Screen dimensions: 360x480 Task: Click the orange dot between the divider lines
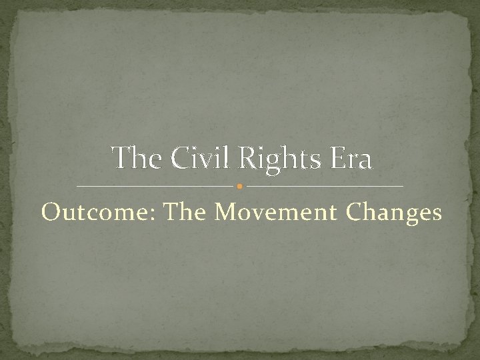coord(240,185)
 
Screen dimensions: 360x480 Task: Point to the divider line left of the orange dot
coord(156,185)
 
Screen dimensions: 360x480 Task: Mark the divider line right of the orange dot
coord(324,185)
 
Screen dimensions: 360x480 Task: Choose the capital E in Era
coord(333,159)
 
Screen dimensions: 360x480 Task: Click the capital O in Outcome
coord(50,211)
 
